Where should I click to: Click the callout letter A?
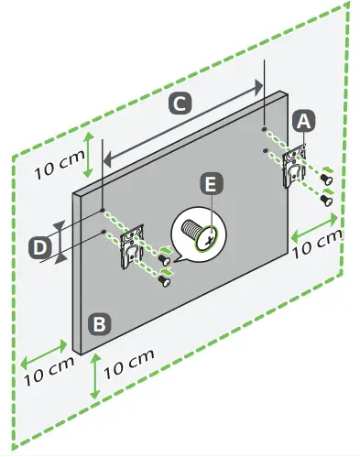click(304, 120)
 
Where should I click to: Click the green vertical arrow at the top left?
click(87, 153)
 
